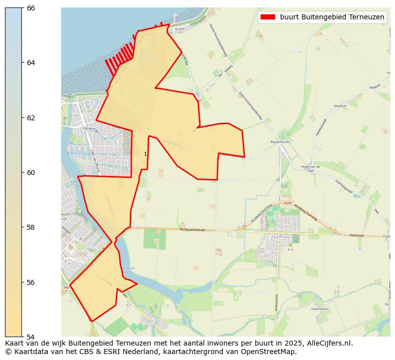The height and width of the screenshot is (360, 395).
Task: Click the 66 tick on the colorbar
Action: click(22, 8)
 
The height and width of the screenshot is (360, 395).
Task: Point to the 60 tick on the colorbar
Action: click(22, 173)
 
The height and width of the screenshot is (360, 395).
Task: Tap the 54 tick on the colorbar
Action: click(22, 337)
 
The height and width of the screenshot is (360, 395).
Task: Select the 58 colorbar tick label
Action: click(31, 227)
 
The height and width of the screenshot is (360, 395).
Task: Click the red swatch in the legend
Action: click(268, 17)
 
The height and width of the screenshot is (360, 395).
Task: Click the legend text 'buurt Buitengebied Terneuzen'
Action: click(332, 17)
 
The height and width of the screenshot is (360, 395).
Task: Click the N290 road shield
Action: click(288, 203)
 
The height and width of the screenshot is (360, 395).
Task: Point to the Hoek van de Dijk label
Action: click(311, 169)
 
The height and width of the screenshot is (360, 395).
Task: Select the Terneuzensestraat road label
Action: click(193, 230)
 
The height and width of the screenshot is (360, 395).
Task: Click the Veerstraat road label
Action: click(357, 235)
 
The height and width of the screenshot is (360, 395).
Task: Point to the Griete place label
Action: click(180, 29)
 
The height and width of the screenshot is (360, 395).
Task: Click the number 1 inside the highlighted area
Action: click(145, 154)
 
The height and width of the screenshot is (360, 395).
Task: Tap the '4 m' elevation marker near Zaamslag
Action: click(290, 250)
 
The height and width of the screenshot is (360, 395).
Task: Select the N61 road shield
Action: click(67, 287)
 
